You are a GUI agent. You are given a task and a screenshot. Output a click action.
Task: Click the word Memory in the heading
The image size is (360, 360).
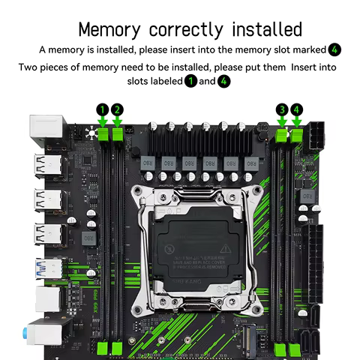[x=110, y=29]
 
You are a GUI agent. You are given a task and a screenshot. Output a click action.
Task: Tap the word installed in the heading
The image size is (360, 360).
[x=256, y=29]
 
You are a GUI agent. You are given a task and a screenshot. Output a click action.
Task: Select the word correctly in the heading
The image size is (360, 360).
[x=181, y=31]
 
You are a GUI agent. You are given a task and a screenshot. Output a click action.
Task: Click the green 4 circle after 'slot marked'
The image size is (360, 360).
[x=334, y=49]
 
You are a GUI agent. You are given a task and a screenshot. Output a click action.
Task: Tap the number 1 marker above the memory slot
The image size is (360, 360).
[x=103, y=109]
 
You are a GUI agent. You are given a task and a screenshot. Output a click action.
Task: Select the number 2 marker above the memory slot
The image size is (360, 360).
[x=117, y=109]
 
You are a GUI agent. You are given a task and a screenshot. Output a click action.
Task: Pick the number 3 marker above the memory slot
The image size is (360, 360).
[x=282, y=109]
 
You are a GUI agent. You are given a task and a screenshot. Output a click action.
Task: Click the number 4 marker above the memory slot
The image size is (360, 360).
[x=297, y=109]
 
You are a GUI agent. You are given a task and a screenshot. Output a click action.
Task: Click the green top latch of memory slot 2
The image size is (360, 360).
[x=117, y=133]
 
